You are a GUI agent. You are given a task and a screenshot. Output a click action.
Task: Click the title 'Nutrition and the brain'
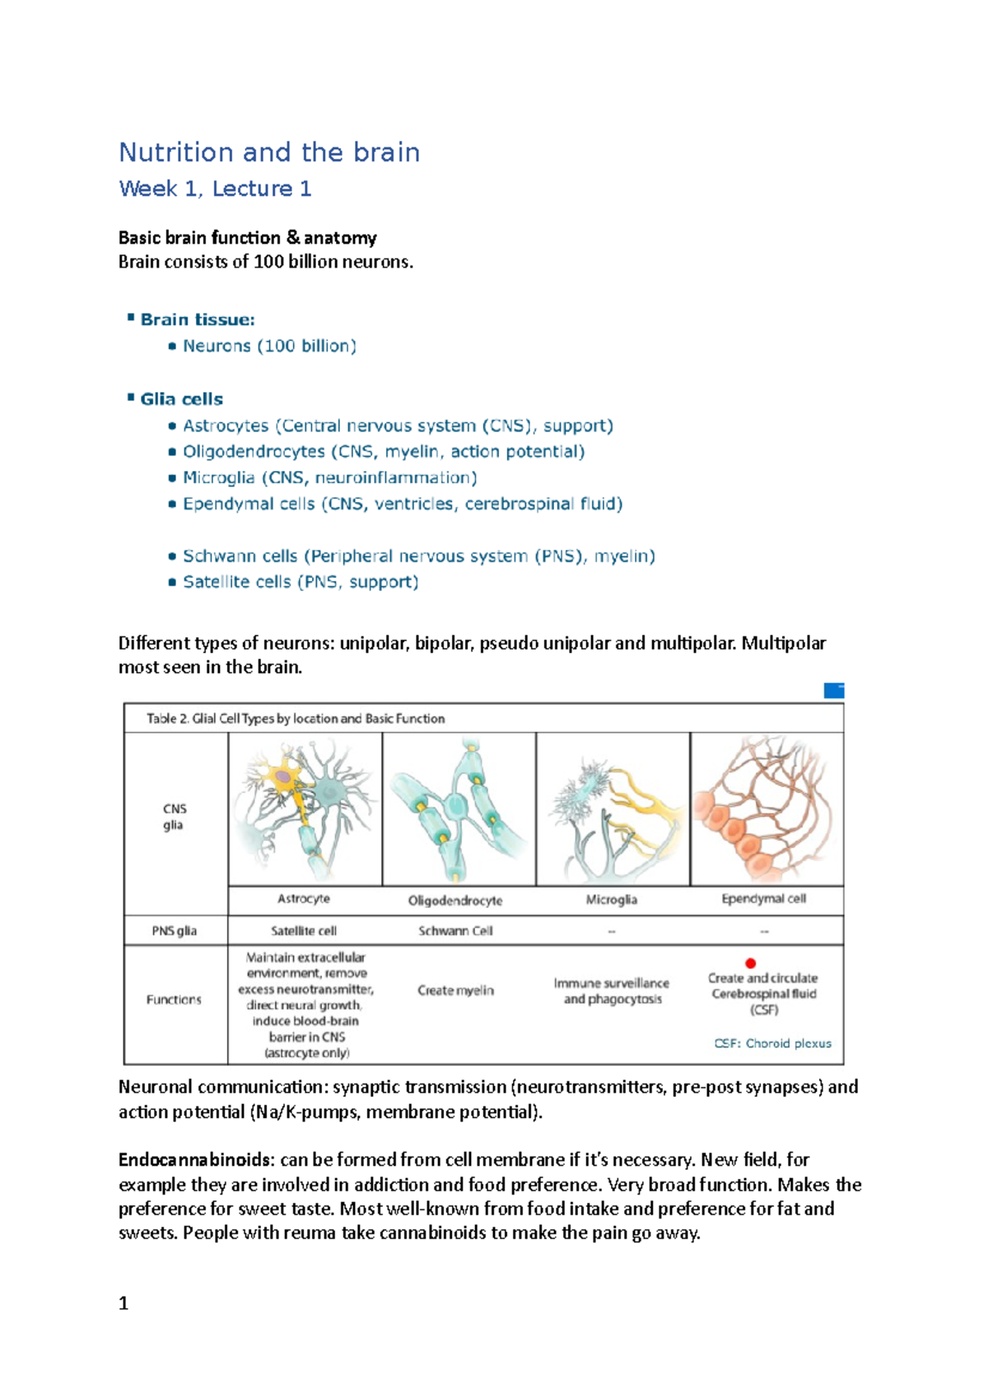pos(269,152)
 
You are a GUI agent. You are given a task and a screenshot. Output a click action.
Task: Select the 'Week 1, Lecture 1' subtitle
pos(215,189)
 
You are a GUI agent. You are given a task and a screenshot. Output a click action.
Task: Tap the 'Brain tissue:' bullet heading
pos(198,319)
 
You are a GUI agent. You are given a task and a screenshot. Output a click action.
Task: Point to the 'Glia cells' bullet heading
pos(181,399)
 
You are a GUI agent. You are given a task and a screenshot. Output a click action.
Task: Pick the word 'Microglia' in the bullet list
pos(218,478)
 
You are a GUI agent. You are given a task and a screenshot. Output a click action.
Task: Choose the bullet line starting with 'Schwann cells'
pos(418,556)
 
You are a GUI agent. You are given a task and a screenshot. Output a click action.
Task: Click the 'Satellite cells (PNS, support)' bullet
pos(301,582)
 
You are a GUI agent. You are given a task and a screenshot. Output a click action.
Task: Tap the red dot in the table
pos(750,962)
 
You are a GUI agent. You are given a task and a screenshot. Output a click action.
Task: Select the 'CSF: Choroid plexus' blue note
pos(772,1043)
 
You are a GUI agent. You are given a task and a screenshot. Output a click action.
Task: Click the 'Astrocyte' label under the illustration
pos(304,899)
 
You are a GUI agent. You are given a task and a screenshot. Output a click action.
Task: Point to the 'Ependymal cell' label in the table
pos(763,899)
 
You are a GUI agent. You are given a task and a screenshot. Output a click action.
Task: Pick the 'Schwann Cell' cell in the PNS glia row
pos(455,931)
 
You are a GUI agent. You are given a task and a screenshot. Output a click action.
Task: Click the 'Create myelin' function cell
pos(455,990)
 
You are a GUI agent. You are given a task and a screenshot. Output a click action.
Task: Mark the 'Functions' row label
pos(174,1000)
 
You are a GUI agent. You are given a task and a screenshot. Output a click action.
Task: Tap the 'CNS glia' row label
pos(174,817)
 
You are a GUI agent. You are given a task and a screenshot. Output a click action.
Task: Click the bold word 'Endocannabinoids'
pos(194,1160)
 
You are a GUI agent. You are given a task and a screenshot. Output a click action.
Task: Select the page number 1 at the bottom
pos(123,1303)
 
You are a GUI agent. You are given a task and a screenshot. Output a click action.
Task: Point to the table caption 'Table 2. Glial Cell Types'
pos(295,719)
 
